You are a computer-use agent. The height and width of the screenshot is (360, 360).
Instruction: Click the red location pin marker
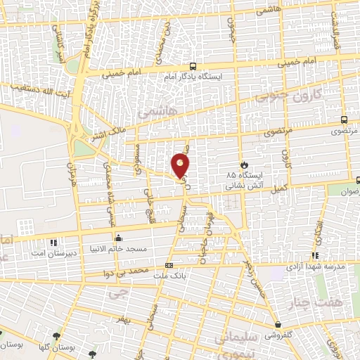click(181, 165)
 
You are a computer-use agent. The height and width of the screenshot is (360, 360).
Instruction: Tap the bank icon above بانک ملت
click(169, 265)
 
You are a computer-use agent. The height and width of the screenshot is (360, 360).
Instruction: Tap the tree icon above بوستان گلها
click(56, 335)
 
